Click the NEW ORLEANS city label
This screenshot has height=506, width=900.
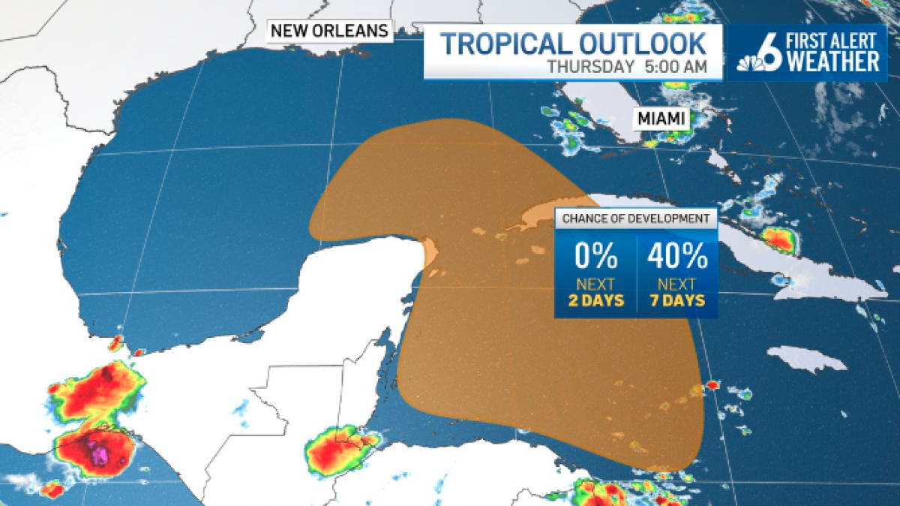pos(330,31)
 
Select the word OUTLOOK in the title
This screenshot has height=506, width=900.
pos(649,44)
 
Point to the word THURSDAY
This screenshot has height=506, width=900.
pos(591,66)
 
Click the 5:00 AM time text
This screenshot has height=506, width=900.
pos(675,66)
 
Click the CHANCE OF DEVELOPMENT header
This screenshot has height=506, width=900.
pos(636,218)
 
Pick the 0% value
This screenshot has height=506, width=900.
pos(596,258)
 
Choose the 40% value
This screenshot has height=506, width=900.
pos(677,258)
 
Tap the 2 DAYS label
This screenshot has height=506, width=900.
pos(596,301)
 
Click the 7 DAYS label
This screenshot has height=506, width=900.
pos(677,301)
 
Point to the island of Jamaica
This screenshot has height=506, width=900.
pos(806,359)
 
